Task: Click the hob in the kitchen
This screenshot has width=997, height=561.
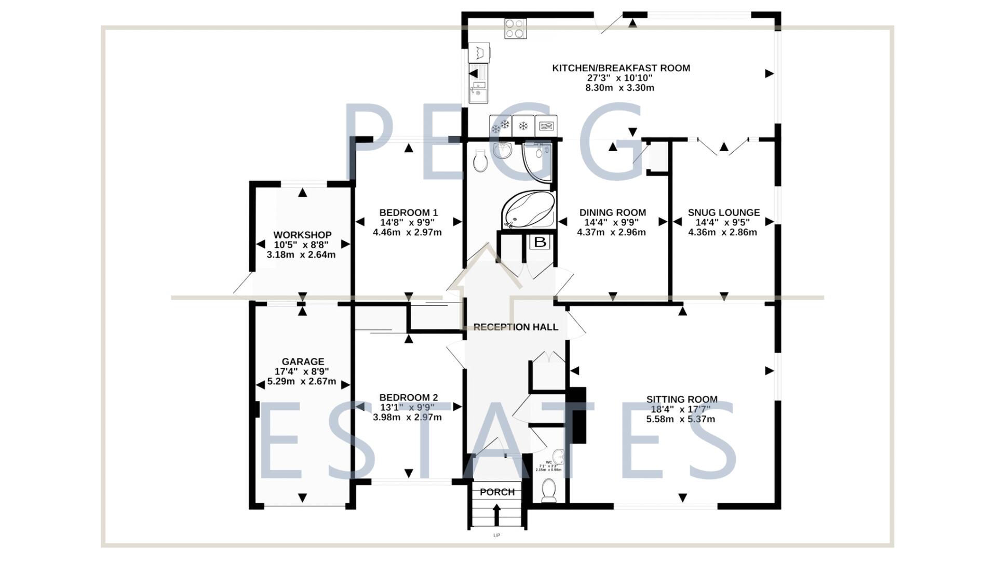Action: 515,28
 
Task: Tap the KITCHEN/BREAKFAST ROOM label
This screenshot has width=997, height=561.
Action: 621,68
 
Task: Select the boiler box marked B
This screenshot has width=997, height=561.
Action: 540,242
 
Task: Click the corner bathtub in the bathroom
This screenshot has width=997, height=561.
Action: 529,210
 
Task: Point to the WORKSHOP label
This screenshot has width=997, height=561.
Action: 302,235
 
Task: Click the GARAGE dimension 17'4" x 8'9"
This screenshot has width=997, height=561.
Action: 302,372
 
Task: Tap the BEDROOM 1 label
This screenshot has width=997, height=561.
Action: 408,212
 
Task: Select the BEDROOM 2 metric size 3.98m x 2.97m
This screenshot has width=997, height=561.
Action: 407,417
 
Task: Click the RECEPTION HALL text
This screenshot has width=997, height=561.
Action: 516,327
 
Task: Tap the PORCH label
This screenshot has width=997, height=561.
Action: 497,492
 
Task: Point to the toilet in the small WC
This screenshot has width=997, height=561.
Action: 549,490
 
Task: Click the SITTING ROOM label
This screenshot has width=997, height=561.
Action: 681,399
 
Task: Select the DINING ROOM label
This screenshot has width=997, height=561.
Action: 612,212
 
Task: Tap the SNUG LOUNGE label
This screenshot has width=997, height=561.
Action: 723,212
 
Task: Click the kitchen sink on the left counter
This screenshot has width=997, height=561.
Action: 478,92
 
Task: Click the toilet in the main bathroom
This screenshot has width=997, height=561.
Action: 480,162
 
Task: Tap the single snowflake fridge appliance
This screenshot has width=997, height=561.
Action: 523,126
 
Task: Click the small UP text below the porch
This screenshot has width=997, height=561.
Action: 496,536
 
